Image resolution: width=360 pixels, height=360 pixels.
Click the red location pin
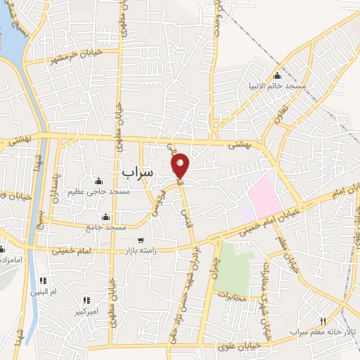tap(181, 165)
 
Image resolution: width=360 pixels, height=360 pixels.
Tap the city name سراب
tap(137, 172)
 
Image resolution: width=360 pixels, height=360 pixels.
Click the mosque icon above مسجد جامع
tap(105, 217)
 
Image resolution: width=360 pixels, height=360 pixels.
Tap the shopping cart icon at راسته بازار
tap(141, 240)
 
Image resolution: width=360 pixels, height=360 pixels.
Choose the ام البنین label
tap(42, 292)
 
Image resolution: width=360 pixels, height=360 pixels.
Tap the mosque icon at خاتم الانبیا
tap(277, 75)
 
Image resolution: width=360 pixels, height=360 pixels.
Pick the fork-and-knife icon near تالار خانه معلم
tap(323, 320)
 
